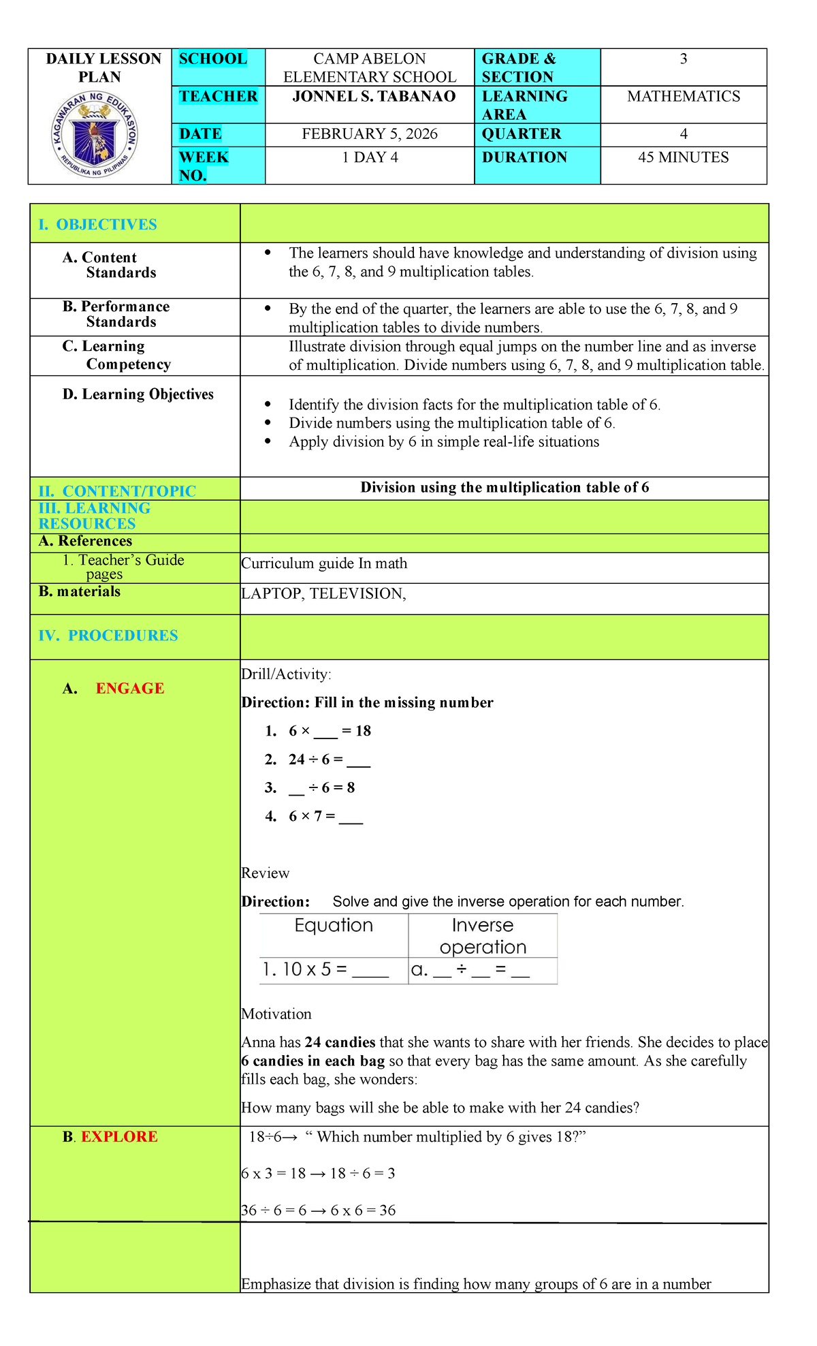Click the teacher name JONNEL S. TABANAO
tap(374, 97)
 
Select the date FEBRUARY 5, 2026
tap(370, 134)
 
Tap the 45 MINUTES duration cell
tap(683, 157)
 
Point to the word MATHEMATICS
tap(683, 97)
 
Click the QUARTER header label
tap(522, 134)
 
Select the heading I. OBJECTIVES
tap(106, 225)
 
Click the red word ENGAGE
tap(129, 689)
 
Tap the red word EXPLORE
tap(119, 1137)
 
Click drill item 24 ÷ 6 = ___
tap(329, 760)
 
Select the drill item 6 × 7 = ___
tap(325, 816)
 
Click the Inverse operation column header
tap(483, 936)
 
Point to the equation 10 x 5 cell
tap(325, 970)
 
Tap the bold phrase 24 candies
tap(340, 1042)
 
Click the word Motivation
tap(276, 1014)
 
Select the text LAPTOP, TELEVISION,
tap(324, 594)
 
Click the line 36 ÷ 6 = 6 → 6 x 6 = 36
tap(319, 1210)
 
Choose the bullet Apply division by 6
tap(443, 442)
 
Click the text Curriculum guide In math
tap(324, 563)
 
